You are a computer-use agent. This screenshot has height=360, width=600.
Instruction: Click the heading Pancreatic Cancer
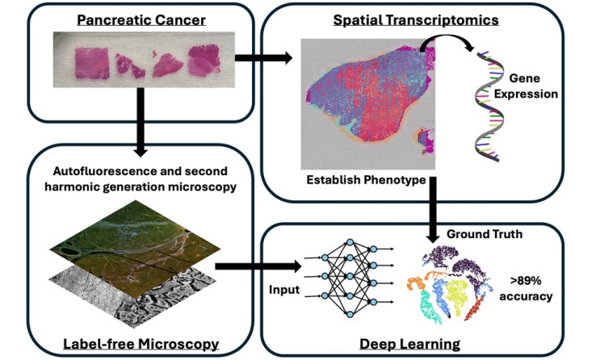coord(141,20)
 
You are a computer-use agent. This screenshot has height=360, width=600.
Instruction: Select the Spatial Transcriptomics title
coord(416,20)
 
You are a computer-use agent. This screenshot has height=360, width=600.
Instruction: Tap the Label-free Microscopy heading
coord(141,344)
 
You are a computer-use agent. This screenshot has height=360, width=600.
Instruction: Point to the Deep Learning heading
coord(409,344)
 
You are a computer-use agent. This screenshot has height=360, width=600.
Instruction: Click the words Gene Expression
coord(526,86)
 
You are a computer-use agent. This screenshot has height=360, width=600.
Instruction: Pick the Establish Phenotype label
coord(366,179)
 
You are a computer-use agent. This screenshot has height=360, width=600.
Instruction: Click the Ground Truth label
coord(485,234)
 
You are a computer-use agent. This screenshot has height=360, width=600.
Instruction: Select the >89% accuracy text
coord(526,288)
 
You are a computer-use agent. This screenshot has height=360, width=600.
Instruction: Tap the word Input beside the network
coord(284,290)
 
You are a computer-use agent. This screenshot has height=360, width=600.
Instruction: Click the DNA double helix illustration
coord(489,106)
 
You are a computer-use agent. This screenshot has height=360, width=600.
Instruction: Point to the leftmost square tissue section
coord(92,63)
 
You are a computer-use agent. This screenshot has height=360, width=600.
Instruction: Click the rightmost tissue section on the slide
coord(204,60)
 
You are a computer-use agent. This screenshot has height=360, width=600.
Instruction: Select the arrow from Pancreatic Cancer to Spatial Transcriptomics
coord(263,58)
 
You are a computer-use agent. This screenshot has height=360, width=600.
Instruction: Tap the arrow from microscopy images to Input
coord(258,266)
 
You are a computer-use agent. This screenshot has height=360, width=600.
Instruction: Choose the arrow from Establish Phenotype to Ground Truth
coord(433,210)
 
